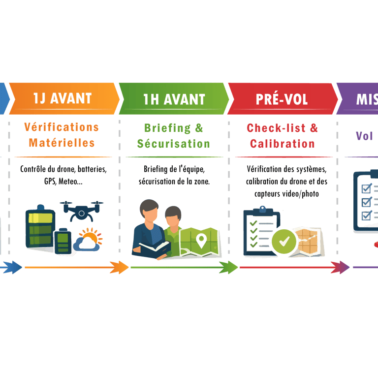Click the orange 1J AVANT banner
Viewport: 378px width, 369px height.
[x=63, y=98]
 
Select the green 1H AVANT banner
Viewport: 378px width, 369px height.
[x=174, y=98]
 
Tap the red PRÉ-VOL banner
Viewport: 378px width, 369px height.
[x=282, y=98]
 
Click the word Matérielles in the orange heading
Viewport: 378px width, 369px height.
[x=62, y=143]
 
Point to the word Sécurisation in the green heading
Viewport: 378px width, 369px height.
[x=173, y=144]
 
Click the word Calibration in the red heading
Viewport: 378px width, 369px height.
[x=283, y=144]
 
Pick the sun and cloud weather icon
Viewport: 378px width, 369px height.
[x=89, y=240]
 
